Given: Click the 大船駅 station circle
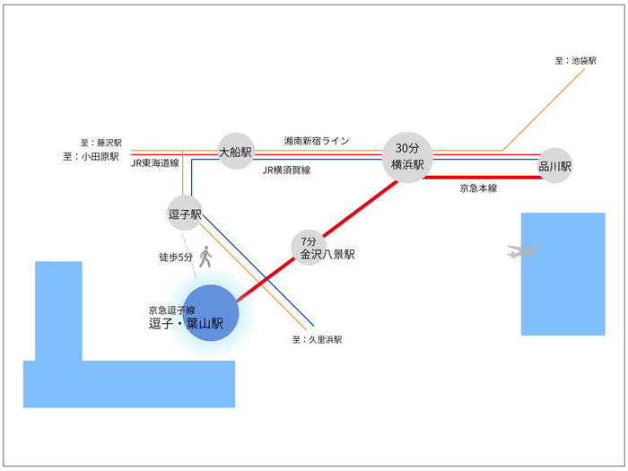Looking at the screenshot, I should point(237,153).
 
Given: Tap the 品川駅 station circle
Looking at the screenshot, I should point(555,166).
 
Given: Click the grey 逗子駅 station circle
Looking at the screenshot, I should point(185,214).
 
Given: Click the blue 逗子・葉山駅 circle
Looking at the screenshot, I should point(211,313).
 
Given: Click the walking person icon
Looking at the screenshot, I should point(205,257).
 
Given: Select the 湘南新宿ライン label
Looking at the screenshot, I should point(317,141).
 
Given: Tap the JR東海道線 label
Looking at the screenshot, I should point(155,163).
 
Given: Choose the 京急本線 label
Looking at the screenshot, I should point(478,188).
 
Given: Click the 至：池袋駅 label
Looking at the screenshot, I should point(575,61).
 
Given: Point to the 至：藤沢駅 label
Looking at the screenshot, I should point(100,143).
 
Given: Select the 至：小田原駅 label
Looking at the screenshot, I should point(92,156).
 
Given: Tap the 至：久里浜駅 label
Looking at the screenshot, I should point(317,340).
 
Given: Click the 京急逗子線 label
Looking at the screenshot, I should point(172,310).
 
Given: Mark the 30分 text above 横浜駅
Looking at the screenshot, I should point(407,147).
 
